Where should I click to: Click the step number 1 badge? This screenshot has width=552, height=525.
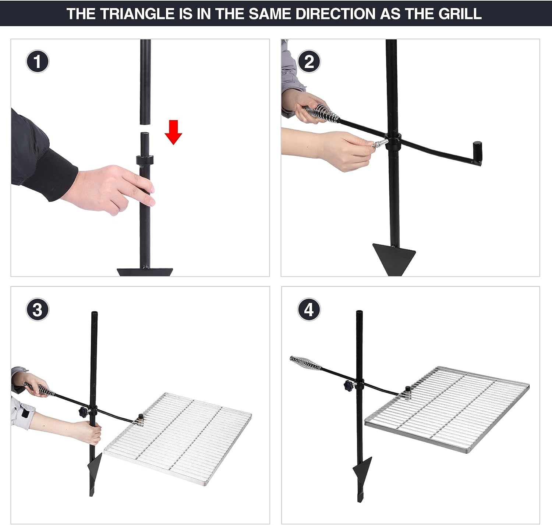coord(37,61)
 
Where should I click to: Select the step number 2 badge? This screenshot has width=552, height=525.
coord(309,61)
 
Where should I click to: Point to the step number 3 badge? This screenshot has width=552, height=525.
coord(37,310)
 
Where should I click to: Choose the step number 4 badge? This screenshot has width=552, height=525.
coord(309,310)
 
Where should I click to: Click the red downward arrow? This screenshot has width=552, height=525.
coord(173,132)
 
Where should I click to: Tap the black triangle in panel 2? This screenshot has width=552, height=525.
coord(394,259)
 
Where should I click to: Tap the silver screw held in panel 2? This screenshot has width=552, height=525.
coord(378,144)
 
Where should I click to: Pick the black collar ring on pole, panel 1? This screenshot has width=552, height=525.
coord(145,160)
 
